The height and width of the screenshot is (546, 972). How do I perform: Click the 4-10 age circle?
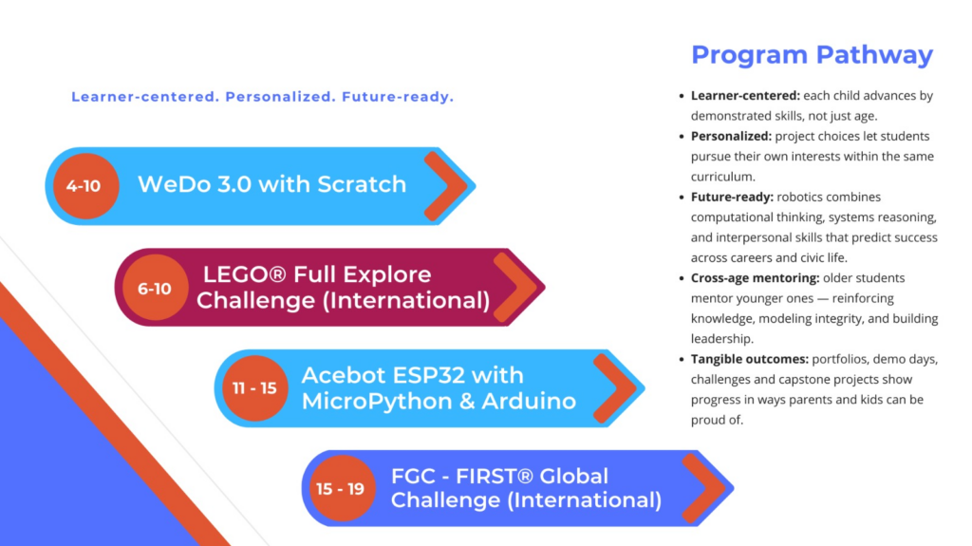85,185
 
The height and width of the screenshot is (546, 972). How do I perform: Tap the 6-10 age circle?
155,288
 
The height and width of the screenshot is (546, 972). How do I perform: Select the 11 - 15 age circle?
254,388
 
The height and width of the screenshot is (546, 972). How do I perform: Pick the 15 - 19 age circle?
342,488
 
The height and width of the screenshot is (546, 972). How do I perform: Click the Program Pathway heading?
813,55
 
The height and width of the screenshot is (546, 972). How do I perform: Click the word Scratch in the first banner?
362,184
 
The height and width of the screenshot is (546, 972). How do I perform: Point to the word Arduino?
529,402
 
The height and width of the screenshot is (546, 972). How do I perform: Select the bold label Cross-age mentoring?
755,278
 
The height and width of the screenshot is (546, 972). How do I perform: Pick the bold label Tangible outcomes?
750,359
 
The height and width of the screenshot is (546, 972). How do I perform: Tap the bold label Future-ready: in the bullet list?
732,198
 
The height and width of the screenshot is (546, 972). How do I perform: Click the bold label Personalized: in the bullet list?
732,137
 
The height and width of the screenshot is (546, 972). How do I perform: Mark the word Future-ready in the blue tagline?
395,97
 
